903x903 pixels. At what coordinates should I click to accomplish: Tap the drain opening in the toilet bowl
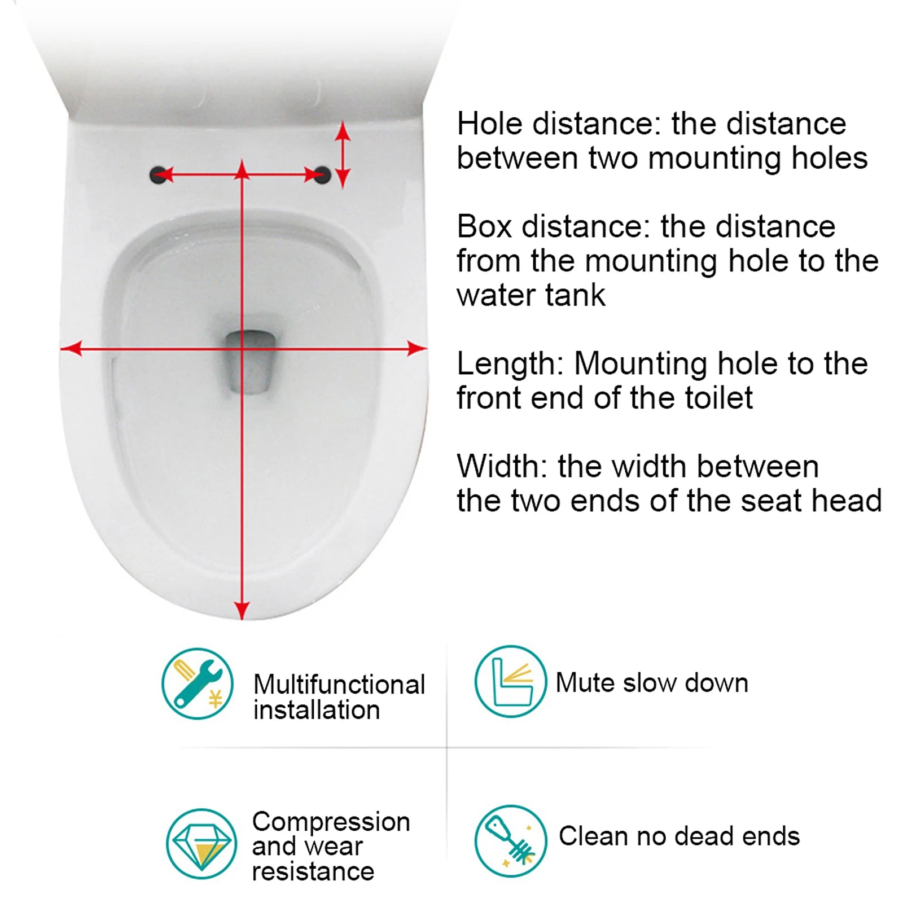click(251, 361)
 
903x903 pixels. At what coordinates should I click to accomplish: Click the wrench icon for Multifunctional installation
click(198, 683)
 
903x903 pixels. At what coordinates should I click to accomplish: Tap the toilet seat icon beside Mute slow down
click(511, 682)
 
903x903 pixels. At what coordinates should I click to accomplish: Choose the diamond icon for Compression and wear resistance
click(201, 844)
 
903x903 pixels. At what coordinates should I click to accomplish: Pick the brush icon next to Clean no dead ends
click(511, 841)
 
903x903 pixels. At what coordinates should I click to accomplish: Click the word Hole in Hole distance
click(490, 124)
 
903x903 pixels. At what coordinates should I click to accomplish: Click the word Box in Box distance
click(484, 226)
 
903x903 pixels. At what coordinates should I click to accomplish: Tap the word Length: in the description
click(510, 363)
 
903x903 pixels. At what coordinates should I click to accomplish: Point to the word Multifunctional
click(339, 685)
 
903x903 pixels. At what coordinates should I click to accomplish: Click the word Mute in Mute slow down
click(585, 683)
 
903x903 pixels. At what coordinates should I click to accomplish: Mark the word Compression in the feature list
click(331, 822)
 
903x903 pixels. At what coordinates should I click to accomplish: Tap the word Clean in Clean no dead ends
click(593, 836)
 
